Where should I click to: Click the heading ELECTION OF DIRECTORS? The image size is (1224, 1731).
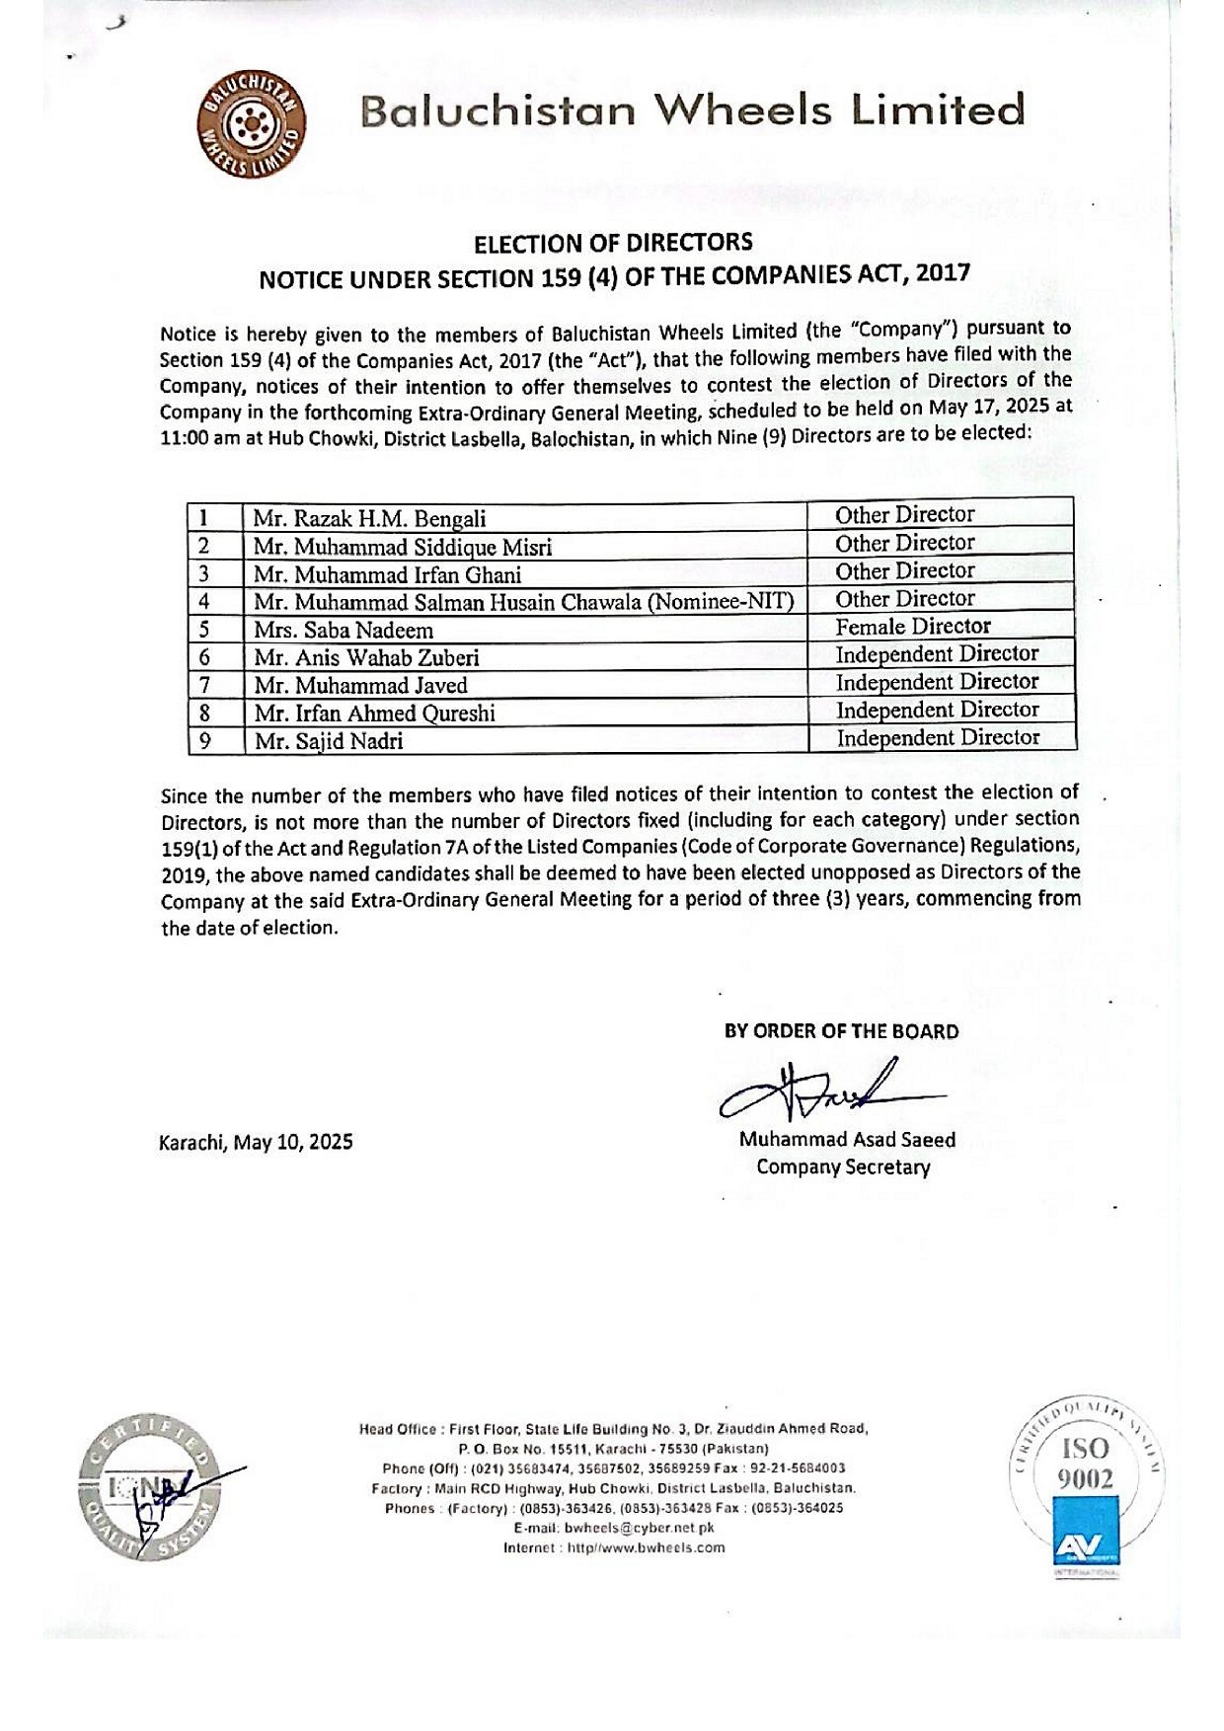tap(613, 243)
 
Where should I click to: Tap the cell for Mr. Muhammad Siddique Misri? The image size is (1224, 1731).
tap(403, 548)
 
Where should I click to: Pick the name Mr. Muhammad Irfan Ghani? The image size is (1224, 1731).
tap(387, 575)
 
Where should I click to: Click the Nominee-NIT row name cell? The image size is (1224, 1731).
tap(523, 602)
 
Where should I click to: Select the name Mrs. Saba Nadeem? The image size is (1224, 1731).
tap(344, 631)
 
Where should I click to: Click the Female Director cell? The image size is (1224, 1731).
tap(913, 627)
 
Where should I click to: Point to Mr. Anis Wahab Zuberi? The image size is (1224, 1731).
tap(366, 658)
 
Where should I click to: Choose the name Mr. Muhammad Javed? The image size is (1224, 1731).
tap(360, 686)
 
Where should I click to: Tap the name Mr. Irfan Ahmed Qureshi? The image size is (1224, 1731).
tap(374, 714)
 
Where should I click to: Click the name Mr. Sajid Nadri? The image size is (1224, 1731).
tap(329, 741)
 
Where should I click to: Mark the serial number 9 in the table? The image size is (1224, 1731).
tap(205, 740)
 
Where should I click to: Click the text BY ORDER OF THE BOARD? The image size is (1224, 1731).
tap(841, 1032)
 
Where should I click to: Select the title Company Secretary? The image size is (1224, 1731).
tap(843, 1167)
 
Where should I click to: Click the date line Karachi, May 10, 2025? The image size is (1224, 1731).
tap(256, 1143)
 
